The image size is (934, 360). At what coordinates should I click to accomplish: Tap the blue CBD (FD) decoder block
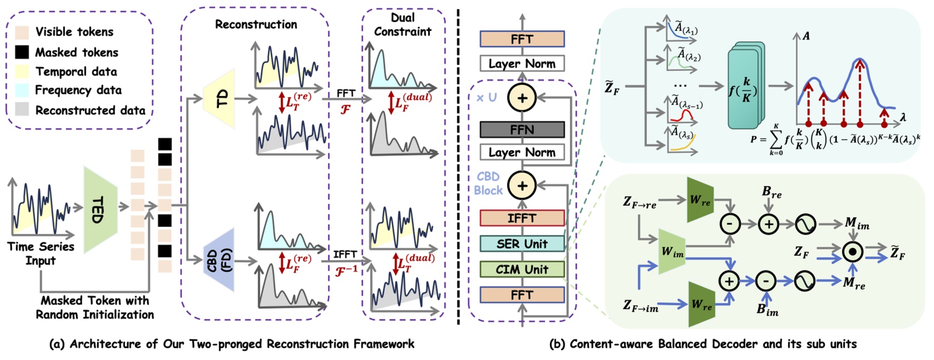(219, 260)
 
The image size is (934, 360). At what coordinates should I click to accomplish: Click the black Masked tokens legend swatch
(22, 52)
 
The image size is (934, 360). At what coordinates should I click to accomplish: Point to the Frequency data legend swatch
(22, 90)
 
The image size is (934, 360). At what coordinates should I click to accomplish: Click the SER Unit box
(522, 244)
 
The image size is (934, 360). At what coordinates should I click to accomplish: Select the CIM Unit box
(522, 269)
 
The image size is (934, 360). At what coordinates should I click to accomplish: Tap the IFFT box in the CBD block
(522, 218)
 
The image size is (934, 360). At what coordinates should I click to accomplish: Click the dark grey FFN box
(522, 130)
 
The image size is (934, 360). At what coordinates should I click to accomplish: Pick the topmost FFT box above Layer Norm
(522, 40)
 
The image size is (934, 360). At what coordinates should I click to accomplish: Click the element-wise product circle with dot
(852, 252)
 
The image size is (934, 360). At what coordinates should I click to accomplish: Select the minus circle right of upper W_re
(729, 224)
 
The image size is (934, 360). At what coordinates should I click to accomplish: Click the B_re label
(772, 193)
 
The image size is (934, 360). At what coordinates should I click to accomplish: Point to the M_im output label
(856, 224)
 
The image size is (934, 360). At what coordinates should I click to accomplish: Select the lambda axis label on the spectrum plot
(902, 117)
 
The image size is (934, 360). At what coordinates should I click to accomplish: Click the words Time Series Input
(41, 253)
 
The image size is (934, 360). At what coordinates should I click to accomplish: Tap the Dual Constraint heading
(402, 25)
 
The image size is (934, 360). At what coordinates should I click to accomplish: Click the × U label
(486, 97)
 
